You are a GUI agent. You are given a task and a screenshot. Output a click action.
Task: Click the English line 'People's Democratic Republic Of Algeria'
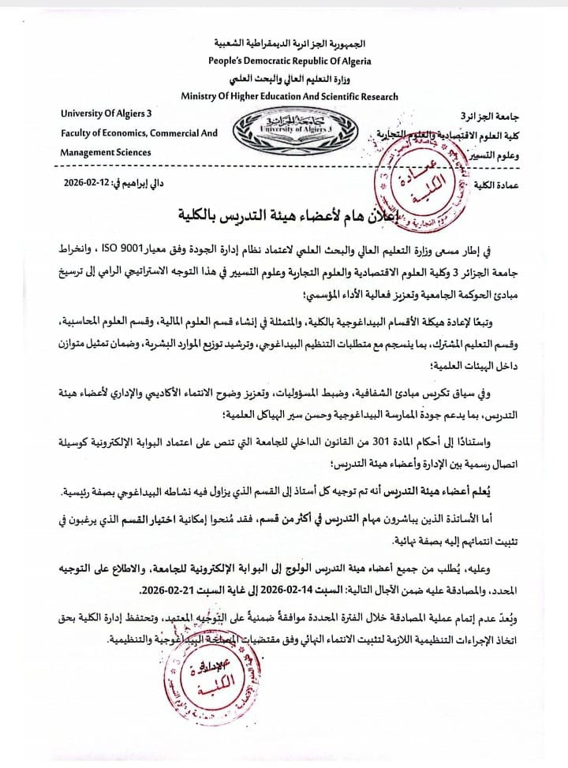click(x=290, y=61)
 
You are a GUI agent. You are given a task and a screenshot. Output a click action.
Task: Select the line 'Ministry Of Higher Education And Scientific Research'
click(x=290, y=96)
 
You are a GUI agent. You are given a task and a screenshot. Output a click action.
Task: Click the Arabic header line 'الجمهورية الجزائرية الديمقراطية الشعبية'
click(x=290, y=43)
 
